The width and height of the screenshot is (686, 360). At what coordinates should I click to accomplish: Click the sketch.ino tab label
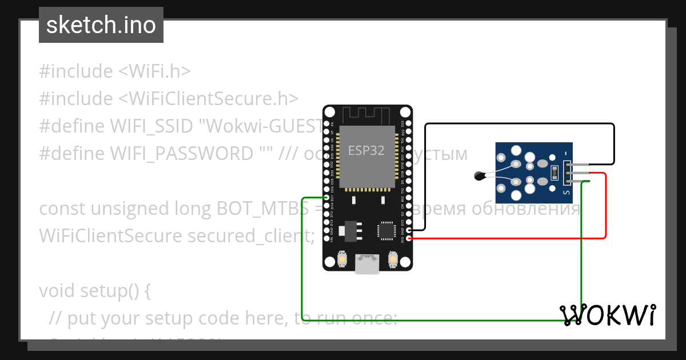click(x=101, y=25)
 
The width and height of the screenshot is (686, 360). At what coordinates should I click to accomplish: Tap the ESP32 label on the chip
click(x=366, y=150)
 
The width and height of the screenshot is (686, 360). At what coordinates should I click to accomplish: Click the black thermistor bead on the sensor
click(x=479, y=177)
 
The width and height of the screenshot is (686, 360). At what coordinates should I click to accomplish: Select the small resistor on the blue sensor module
click(x=553, y=171)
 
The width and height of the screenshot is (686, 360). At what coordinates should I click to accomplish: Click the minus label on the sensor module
click(x=566, y=153)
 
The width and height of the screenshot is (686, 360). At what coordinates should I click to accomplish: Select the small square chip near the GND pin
click(x=385, y=230)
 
